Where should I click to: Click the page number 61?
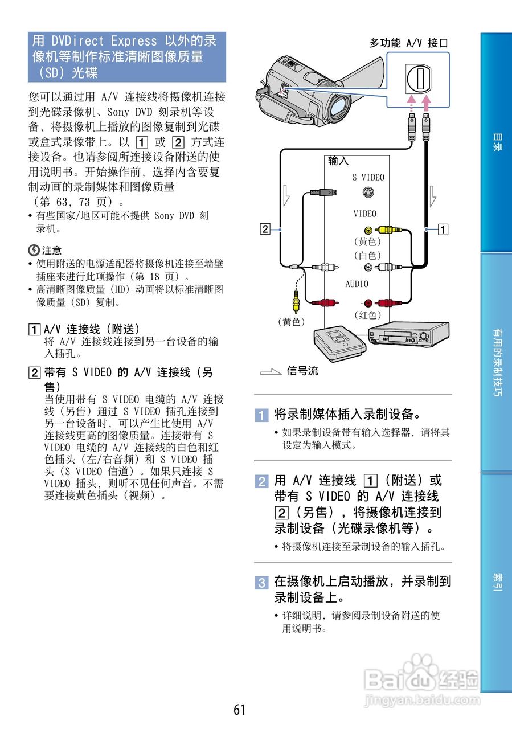(x=239, y=710)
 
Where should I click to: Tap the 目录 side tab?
(x=497, y=142)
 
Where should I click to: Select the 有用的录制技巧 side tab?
(x=497, y=363)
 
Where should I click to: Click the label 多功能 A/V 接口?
(x=408, y=43)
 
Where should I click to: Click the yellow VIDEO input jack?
(x=368, y=231)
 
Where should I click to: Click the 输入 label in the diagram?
(x=338, y=161)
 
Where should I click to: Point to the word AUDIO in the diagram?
(x=357, y=284)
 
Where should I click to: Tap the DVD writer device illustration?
(x=338, y=342)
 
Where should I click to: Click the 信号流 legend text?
(x=302, y=371)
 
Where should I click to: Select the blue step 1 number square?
(x=261, y=414)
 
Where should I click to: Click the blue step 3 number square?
(x=261, y=583)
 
